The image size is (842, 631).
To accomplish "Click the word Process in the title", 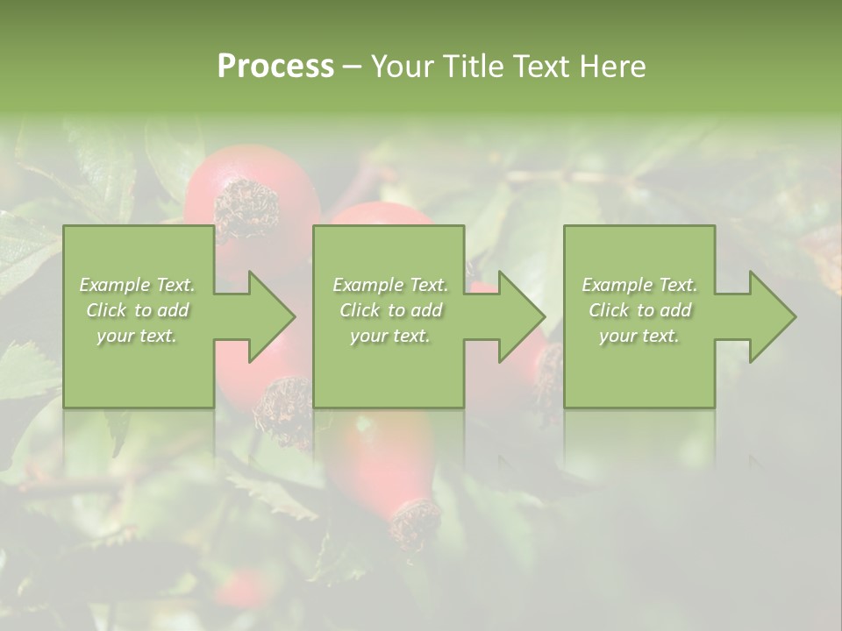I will coord(275,67).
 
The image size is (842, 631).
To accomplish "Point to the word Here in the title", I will coord(613,67).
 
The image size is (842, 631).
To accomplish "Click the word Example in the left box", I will coord(115,285).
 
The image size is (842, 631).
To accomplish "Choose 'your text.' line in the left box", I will coord(137,336).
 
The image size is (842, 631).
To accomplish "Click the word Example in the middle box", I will coord(367,285).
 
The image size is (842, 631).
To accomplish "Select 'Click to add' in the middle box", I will coord(390,310).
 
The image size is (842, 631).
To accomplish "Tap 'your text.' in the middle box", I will coord(390,336).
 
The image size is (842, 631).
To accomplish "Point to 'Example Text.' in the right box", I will coord(639,285).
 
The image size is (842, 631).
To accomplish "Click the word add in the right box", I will coord(674,310).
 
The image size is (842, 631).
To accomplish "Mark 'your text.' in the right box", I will coord(639,336).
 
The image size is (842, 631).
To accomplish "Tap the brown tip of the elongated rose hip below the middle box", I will coord(415,522).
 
